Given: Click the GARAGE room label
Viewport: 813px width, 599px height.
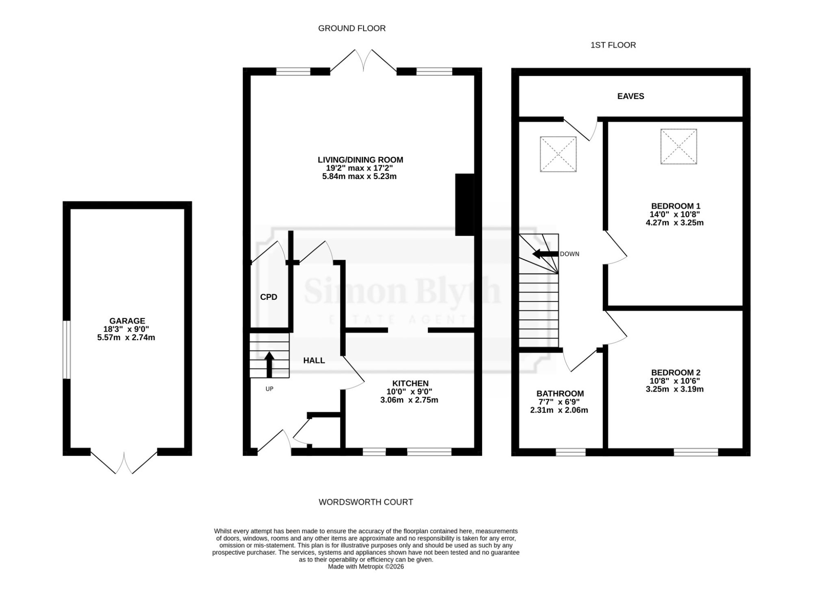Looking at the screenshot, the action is (x=127, y=321).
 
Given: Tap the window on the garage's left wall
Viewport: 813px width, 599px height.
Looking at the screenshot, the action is (x=67, y=350).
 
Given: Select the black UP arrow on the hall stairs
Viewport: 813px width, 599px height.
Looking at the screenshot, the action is (x=269, y=365).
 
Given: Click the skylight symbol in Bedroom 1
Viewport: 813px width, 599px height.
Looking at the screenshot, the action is (x=678, y=146).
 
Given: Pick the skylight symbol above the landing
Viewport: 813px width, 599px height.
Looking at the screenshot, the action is (x=558, y=154).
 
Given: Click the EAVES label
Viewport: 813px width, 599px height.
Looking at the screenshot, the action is (x=630, y=96).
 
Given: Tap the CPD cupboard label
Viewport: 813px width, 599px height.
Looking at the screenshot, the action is (x=269, y=297).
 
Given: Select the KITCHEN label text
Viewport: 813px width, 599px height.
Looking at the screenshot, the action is (x=410, y=383).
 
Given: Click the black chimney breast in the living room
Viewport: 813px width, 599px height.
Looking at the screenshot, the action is (x=465, y=205).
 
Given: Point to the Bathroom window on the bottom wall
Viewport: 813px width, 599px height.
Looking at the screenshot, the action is (x=571, y=452).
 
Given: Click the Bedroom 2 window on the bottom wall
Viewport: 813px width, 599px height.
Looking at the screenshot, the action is (x=696, y=452).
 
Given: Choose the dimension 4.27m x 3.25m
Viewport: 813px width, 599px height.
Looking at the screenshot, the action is (x=674, y=223).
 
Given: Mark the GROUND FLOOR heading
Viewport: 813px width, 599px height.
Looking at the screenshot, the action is (x=352, y=28).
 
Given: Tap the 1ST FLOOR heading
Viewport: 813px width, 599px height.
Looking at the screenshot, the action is (x=613, y=45).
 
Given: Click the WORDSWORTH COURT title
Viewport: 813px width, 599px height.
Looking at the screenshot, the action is (x=366, y=502).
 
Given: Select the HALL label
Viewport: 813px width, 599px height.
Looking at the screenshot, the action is (x=314, y=361).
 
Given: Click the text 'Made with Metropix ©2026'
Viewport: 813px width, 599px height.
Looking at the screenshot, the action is (x=366, y=566).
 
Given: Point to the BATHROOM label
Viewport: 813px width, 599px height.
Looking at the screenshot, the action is (x=560, y=394).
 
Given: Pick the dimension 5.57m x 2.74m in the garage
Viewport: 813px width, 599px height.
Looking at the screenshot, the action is (x=126, y=337).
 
